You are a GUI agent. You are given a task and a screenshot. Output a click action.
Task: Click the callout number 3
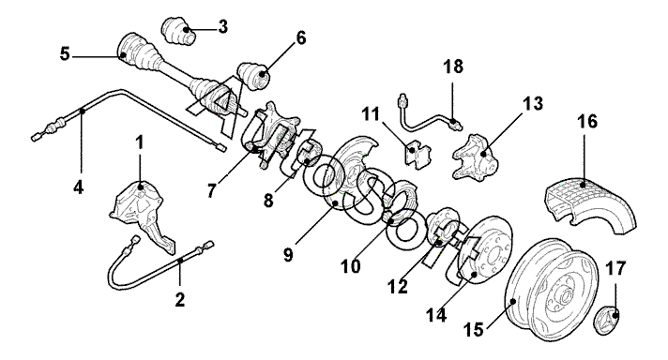[x=222, y=27]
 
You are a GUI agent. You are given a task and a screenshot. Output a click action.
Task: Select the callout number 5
[x=65, y=54]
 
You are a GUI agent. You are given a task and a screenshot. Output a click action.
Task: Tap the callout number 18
[x=453, y=67]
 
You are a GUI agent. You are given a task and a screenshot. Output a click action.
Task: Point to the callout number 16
[x=588, y=121]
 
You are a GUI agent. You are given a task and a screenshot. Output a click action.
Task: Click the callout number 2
[x=180, y=300]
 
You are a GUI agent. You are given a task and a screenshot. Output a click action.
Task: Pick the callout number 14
[x=436, y=315]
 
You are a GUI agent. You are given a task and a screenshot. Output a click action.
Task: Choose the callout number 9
[x=288, y=255]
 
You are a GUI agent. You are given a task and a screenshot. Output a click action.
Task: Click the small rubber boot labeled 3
[x=178, y=31]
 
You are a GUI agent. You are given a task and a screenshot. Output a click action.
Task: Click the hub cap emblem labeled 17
[x=607, y=318]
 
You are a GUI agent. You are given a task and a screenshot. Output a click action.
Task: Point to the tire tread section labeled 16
[x=590, y=204]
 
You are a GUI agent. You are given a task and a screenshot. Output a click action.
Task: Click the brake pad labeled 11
[x=417, y=155]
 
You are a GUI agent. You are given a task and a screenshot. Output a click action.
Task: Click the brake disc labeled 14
[x=485, y=250]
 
